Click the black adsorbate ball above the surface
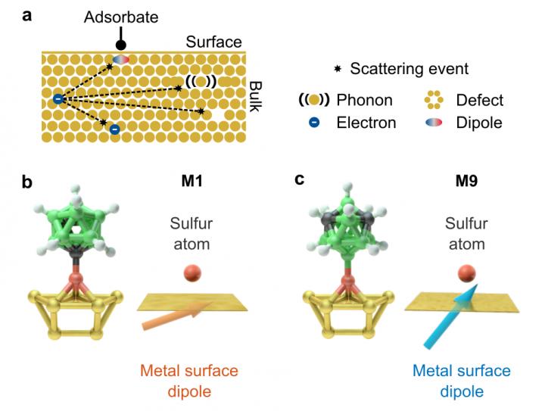pyautogui.click(x=121, y=36)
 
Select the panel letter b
pyautogui.click(x=27, y=182)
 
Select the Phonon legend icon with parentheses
pyautogui.click(x=313, y=100)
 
